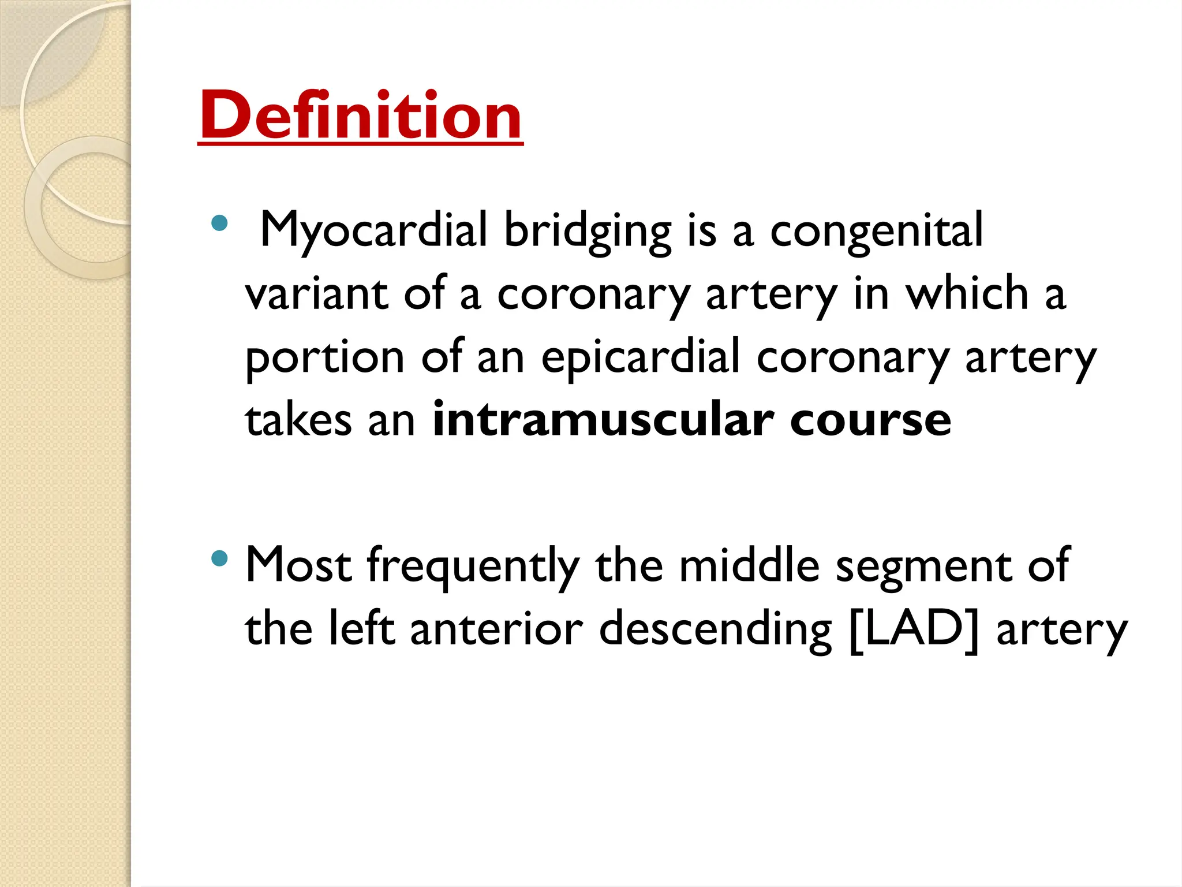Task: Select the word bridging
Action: click(588, 231)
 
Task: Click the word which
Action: click(967, 293)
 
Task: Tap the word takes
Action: click(298, 420)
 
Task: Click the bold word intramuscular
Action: click(603, 420)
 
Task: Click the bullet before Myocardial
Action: click(219, 223)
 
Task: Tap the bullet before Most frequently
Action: click(219, 558)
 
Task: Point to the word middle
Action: click(749, 566)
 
